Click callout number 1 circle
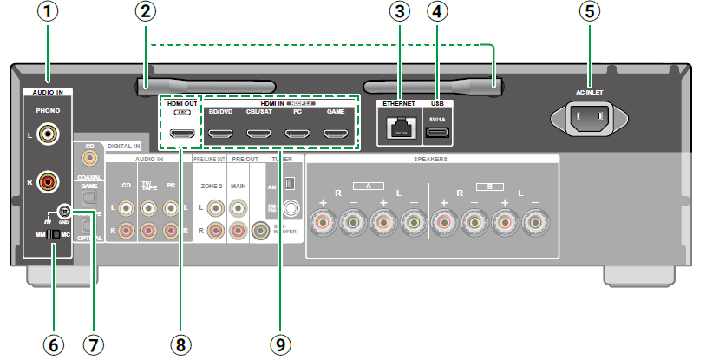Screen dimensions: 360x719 pos(49,14)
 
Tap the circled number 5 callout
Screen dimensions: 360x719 pos(591,14)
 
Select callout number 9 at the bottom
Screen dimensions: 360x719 pos(278,345)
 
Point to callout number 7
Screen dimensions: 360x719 pos(94,345)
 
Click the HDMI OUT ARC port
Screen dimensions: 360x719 pos(181,134)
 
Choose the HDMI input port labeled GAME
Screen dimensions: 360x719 pos(336,134)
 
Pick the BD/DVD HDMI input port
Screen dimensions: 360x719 pos(220,134)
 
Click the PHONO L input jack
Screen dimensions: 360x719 pos(49,134)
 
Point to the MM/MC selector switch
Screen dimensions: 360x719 pos(54,234)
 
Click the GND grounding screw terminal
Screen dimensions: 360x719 pos(63,211)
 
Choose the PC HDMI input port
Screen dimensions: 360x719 pos(297,134)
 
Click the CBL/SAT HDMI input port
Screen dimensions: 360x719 pos(258,134)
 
